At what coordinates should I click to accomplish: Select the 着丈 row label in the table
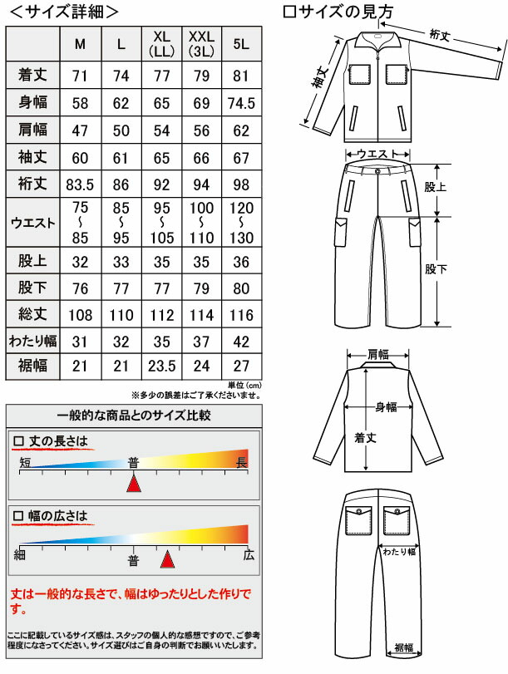pos(33,76)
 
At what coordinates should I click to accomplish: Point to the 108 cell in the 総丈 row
pos(80,316)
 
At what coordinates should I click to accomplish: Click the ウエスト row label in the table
pos(33,222)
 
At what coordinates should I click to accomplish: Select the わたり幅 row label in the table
pos(33,342)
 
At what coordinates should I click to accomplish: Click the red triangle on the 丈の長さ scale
pos(133,482)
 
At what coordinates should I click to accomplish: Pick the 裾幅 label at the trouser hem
pos(405,648)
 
